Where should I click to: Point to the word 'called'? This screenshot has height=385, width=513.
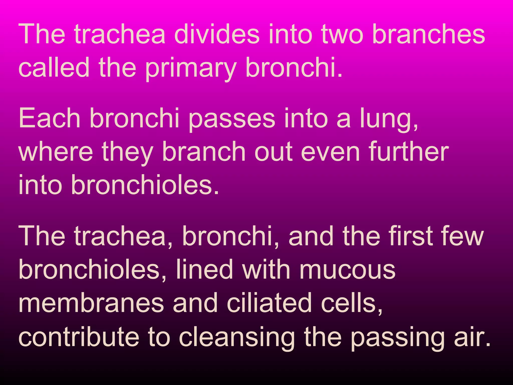point(54,67)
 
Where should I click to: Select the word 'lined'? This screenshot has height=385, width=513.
point(204,269)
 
